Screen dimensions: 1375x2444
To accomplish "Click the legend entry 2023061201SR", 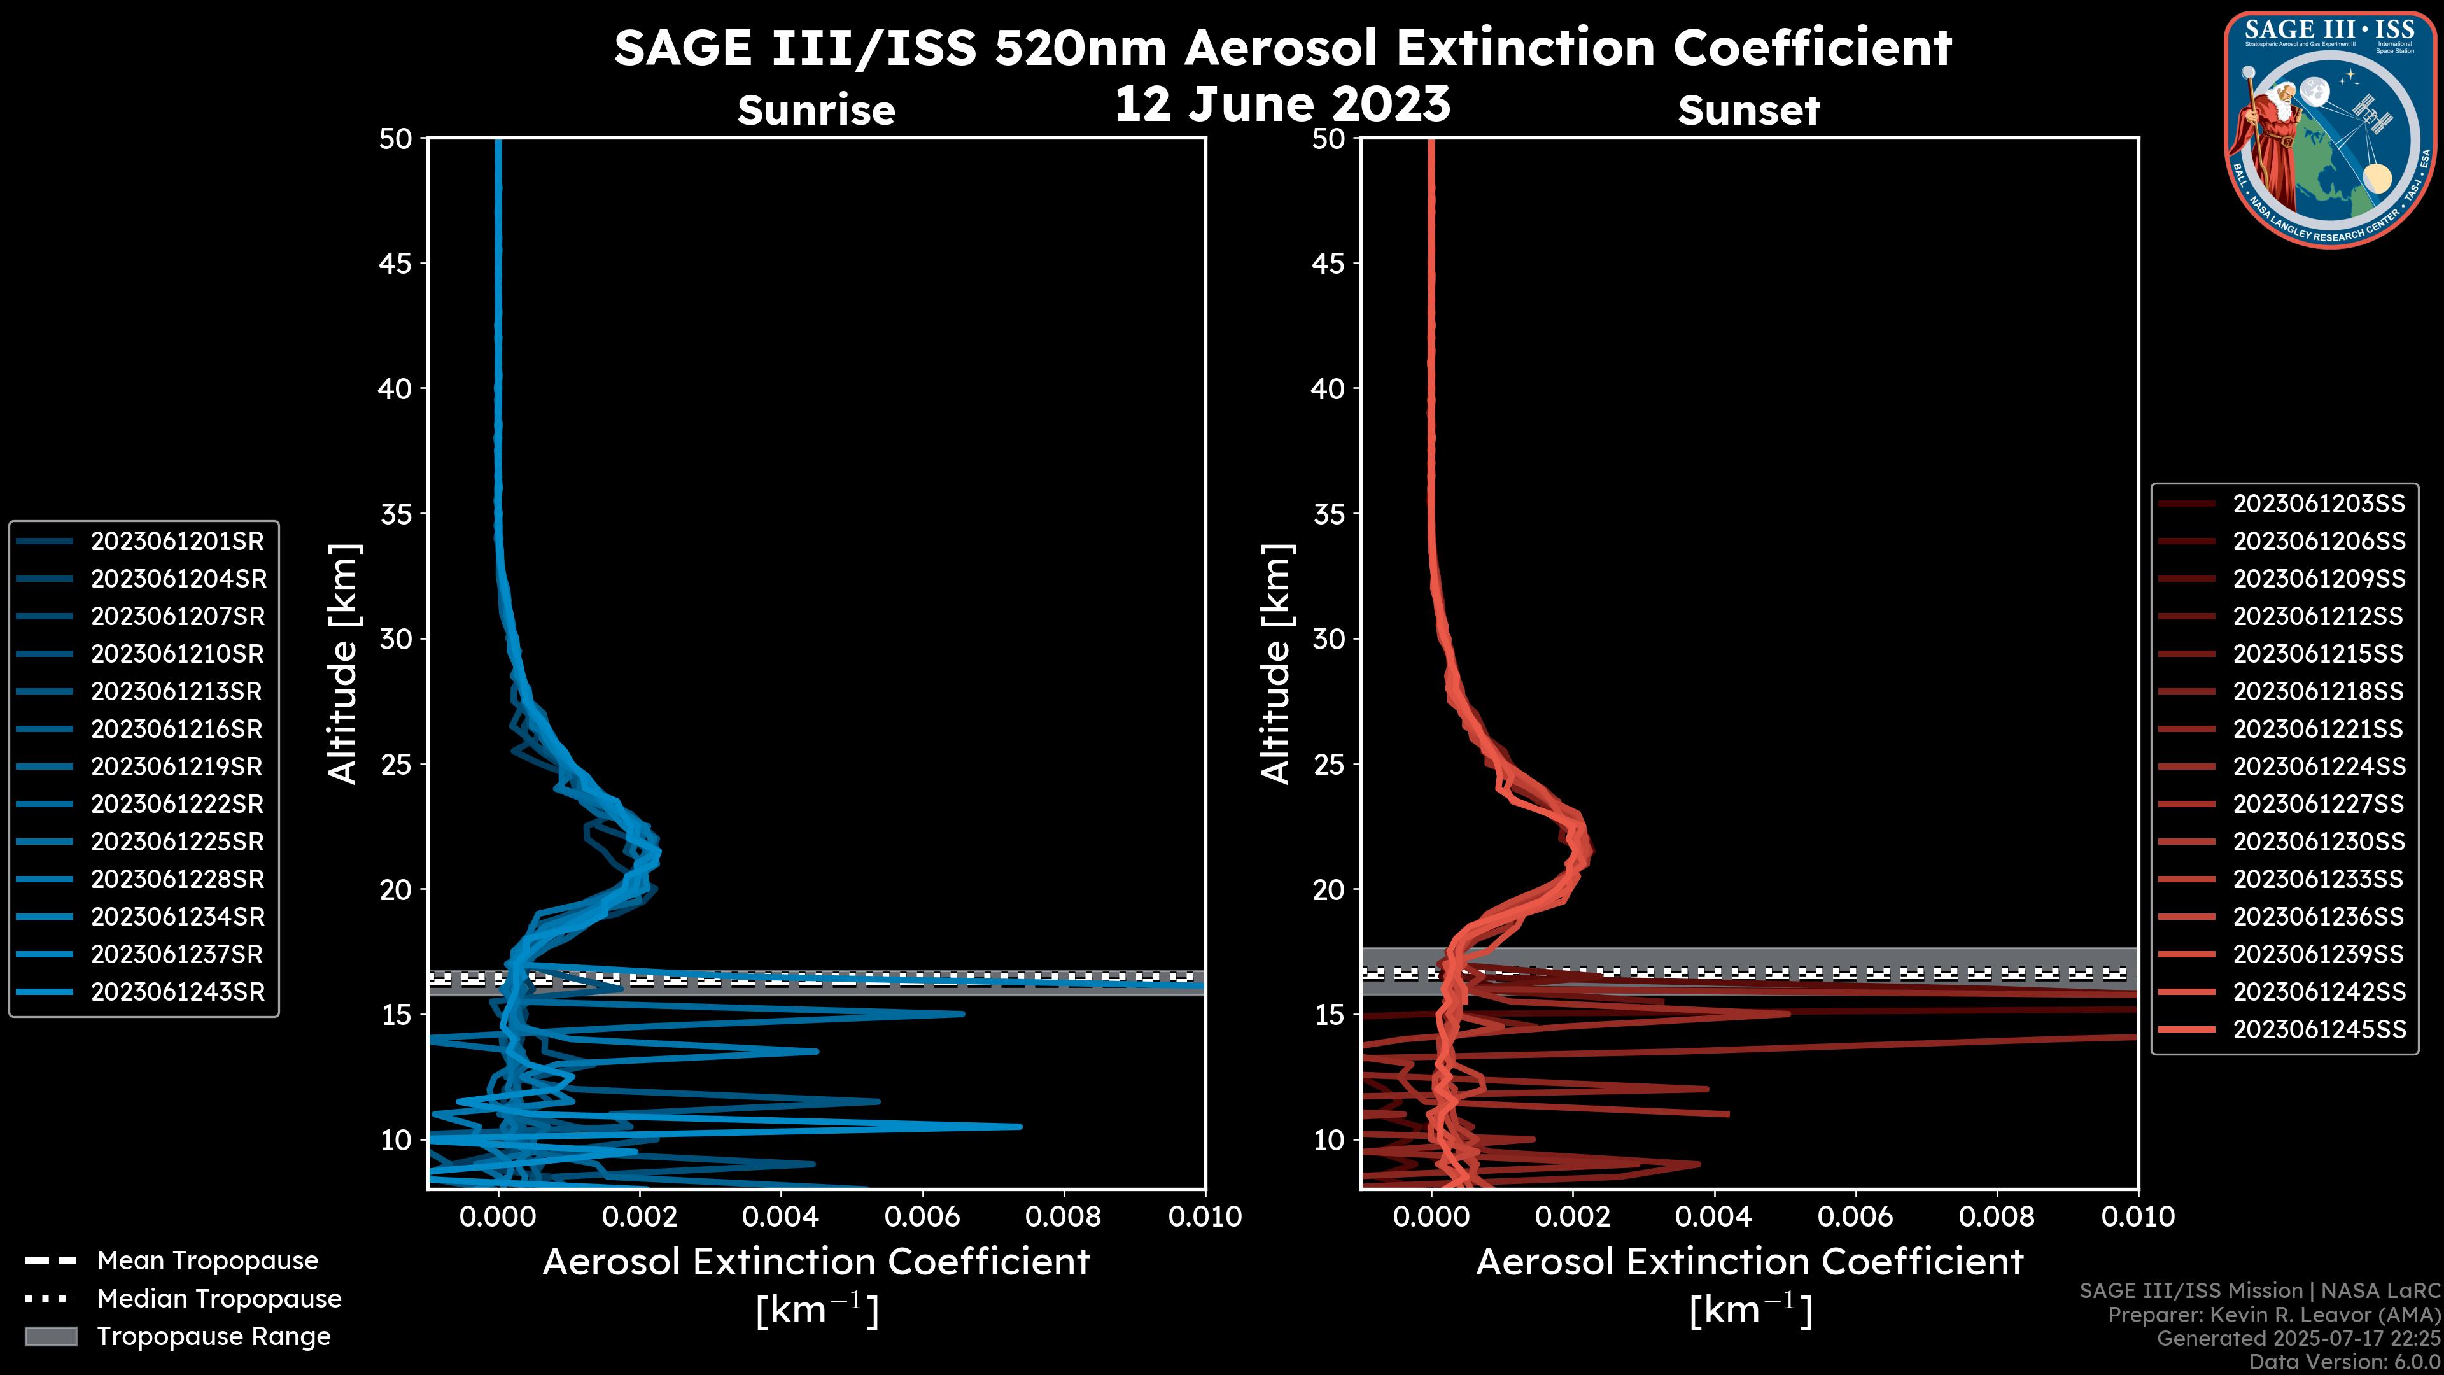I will click(176, 541).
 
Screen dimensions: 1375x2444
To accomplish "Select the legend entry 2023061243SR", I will click(176, 992).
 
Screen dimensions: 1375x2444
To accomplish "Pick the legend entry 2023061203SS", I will click(2318, 504).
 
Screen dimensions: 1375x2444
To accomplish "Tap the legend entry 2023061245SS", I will click(2318, 1029).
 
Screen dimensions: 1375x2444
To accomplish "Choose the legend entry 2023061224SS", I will click(2318, 766).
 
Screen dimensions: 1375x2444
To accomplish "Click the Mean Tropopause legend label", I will click(207, 1260).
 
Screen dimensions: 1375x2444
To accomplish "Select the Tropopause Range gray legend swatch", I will click(50, 1336).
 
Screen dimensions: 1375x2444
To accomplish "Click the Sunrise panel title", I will click(816, 111).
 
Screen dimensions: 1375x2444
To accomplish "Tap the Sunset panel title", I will click(1748, 111).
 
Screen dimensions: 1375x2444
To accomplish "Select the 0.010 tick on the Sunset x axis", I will click(2138, 1216).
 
